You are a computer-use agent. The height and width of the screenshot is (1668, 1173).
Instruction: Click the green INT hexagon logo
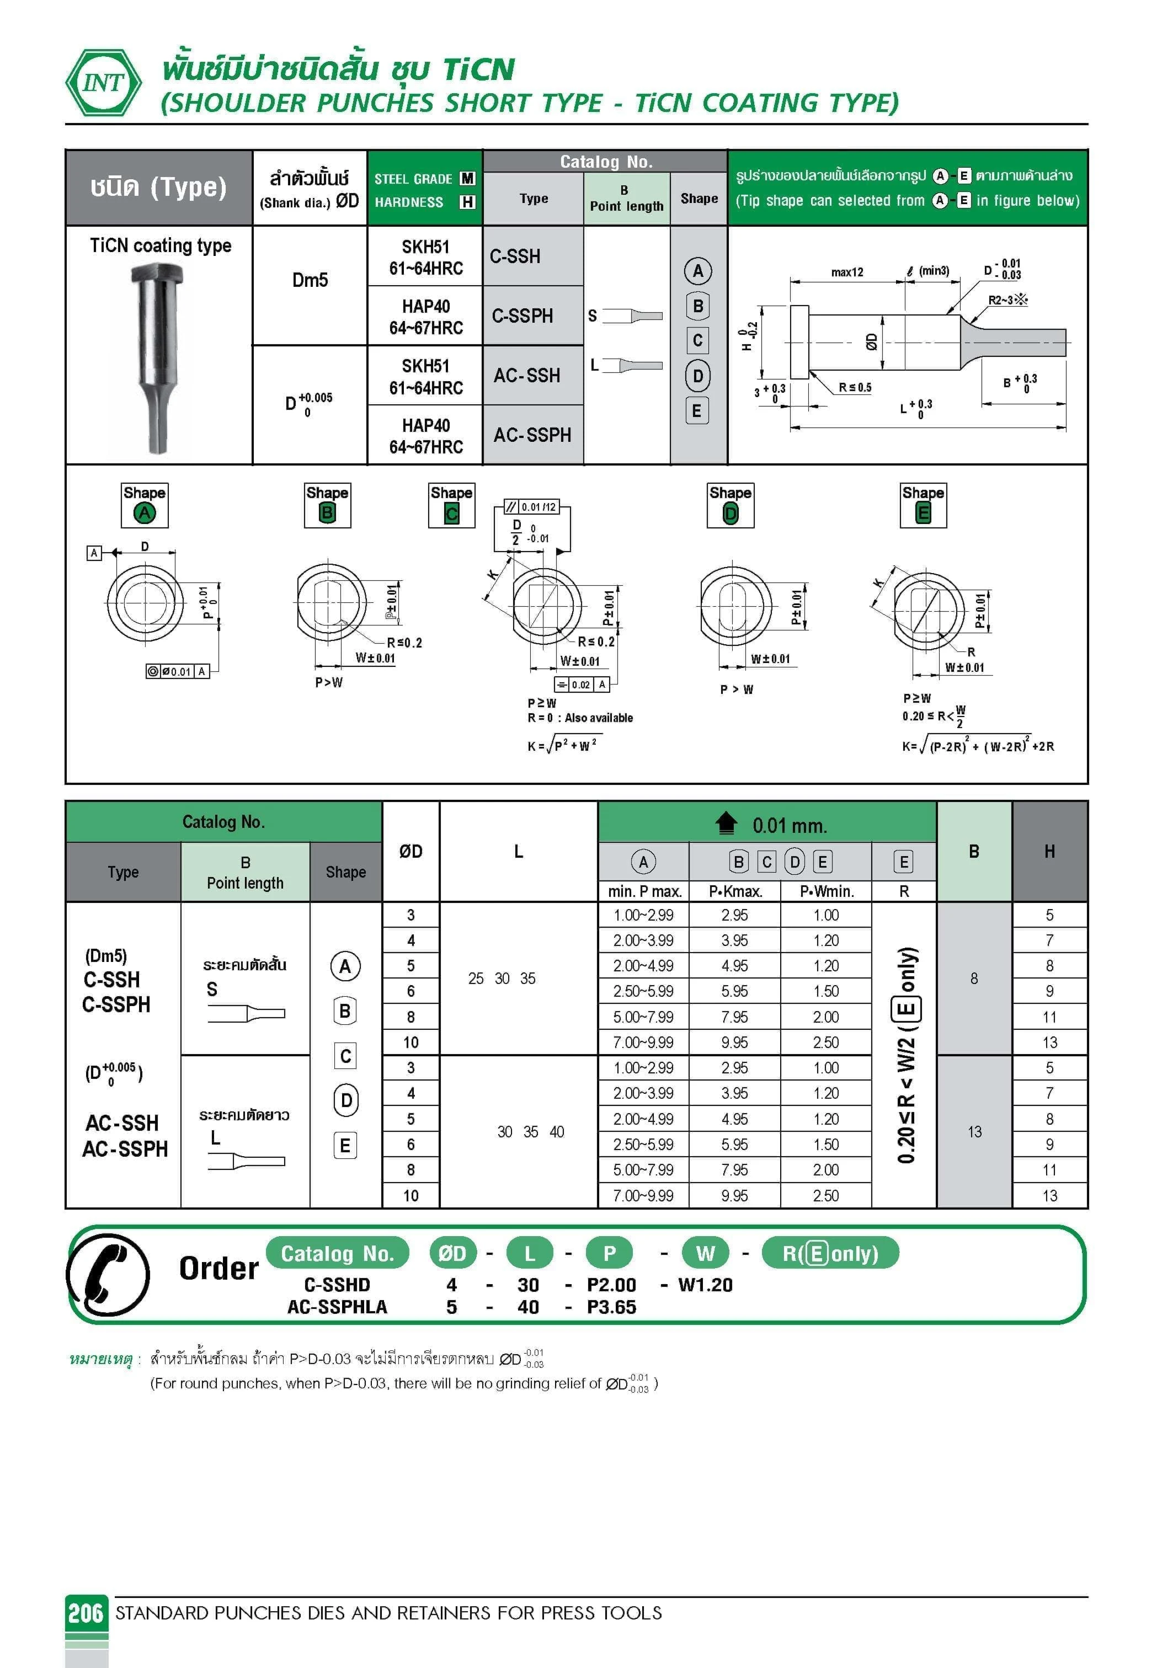[104, 82]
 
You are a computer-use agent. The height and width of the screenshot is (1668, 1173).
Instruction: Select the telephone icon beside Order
[108, 1275]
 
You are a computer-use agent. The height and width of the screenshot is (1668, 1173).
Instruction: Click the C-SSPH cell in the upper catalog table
[522, 316]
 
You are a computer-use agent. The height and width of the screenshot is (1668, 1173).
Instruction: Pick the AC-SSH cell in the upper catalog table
[527, 376]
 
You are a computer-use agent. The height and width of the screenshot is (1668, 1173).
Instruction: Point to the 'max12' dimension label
[847, 272]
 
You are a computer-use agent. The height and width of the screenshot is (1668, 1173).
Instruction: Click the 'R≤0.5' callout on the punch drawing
[855, 387]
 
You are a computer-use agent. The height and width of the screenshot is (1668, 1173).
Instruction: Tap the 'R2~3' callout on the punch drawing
[1007, 300]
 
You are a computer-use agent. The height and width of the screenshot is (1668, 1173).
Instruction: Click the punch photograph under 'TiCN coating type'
[158, 358]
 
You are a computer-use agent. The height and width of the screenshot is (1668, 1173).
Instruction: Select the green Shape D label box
[731, 505]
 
